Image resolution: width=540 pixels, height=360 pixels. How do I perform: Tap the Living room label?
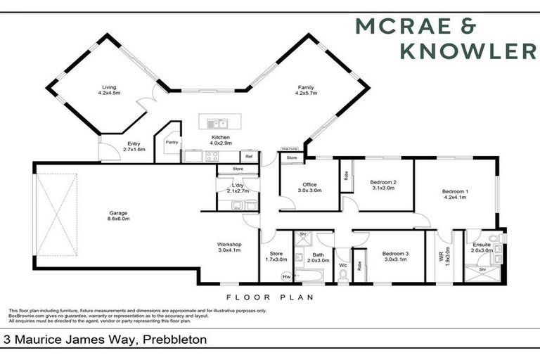click(x=111, y=89)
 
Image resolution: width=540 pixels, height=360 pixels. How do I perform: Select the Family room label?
click(x=306, y=89)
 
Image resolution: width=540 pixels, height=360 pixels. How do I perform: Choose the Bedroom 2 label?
click(x=382, y=184)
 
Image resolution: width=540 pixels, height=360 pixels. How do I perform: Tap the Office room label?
click(x=309, y=187)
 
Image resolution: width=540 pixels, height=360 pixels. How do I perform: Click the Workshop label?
click(x=229, y=247)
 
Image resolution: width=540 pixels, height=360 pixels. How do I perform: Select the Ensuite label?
click(x=482, y=247)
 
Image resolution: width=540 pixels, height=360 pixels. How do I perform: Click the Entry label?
click(x=134, y=146)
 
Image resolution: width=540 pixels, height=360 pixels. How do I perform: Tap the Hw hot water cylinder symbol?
click(x=286, y=276)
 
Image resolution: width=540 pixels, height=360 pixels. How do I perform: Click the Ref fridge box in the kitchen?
click(x=248, y=157)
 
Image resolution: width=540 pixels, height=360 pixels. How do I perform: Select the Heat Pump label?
click(x=289, y=149)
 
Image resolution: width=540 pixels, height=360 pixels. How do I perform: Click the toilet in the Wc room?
click(x=343, y=276)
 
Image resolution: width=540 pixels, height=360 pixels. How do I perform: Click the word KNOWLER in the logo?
click(x=466, y=50)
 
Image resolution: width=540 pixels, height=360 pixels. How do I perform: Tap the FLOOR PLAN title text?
click(x=269, y=297)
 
